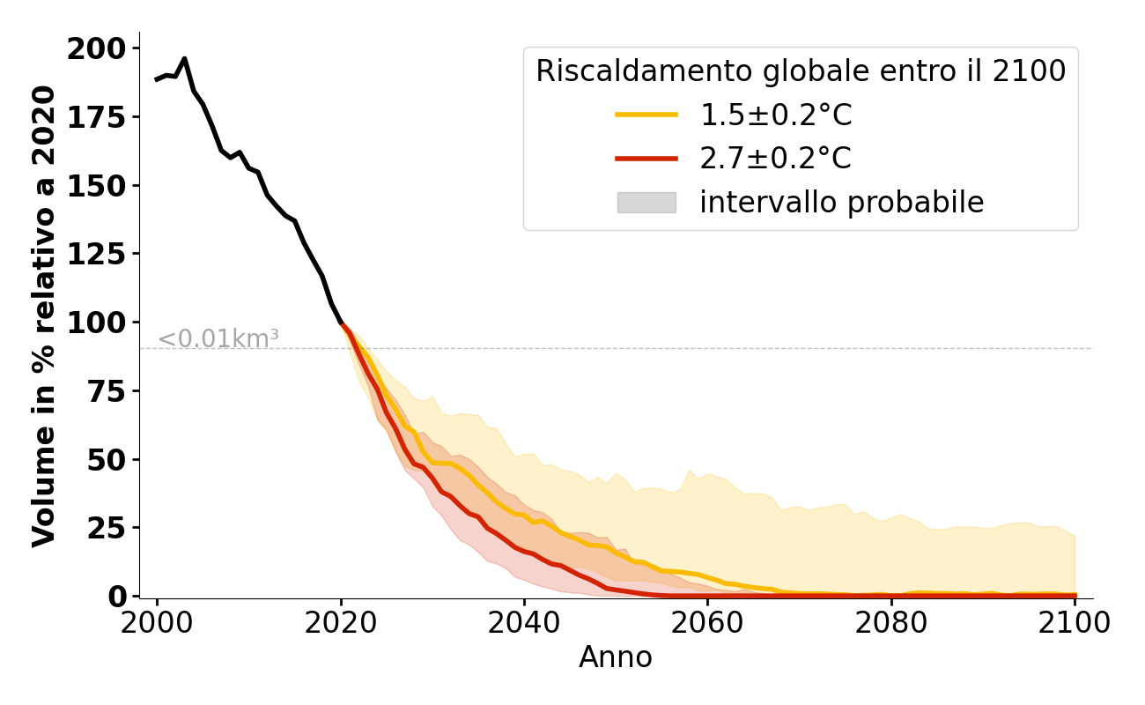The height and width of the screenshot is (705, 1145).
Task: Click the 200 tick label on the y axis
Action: [96, 48]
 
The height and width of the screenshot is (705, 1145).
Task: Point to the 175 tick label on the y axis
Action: [96, 117]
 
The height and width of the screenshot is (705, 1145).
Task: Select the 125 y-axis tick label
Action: [96, 254]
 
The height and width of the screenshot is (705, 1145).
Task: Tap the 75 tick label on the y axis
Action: [107, 391]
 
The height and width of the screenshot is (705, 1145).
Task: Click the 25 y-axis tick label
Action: [107, 528]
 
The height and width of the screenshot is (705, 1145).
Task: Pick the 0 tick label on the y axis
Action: [118, 597]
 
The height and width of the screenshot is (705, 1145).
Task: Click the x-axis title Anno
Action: [616, 657]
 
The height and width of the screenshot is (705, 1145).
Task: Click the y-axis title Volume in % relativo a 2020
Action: [44, 315]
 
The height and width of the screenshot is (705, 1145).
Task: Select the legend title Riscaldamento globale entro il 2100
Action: [801, 71]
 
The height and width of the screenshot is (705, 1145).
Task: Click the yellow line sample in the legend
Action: [646, 115]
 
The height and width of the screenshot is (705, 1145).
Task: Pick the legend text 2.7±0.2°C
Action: [775, 160]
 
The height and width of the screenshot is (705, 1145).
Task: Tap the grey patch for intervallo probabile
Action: [646, 203]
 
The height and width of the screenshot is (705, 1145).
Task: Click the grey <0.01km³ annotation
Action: [218, 338]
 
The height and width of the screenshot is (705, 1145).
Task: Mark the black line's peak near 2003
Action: [184, 59]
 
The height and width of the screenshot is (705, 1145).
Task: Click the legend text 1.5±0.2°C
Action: [775, 115]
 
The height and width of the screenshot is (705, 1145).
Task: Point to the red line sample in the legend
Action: [646, 160]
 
